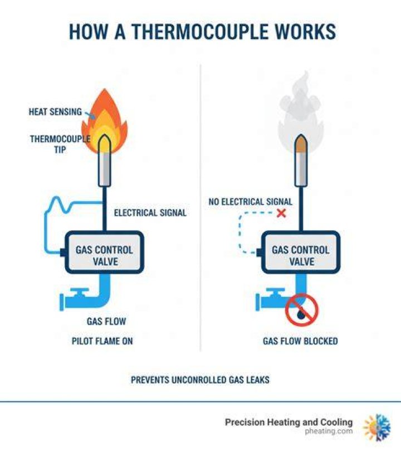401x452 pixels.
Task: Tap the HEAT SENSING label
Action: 55,112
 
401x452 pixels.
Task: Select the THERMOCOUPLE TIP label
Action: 60,144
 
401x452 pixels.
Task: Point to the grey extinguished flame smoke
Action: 300,110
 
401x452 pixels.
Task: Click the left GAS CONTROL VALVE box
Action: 104,252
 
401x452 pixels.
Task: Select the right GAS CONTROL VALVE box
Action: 301,252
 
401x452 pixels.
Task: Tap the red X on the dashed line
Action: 281,213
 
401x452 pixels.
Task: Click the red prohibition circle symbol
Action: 302,310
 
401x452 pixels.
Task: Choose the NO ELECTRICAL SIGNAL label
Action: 250,202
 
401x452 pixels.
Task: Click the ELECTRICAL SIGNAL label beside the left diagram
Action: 150,213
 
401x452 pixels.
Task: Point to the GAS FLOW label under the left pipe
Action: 106,321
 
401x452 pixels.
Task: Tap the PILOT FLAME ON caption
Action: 102,341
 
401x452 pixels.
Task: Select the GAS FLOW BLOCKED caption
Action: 300,341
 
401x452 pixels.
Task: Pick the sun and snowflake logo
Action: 377,427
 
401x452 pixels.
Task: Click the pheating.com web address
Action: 329,431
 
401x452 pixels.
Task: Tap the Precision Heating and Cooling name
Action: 288,422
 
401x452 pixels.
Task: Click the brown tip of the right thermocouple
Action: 301,144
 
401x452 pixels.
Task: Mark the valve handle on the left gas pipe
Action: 79,291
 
